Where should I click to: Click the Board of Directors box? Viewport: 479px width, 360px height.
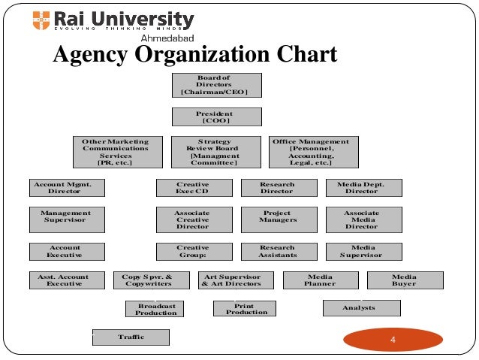click(217, 85)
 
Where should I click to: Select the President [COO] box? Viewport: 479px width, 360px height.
click(217, 116)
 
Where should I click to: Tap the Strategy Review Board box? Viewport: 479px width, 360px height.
click(215, 152)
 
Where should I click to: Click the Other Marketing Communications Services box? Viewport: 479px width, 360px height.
click(116, 152)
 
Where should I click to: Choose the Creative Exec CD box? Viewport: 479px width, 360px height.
click(193, 188)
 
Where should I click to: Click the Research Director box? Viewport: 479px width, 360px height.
click(277, 188)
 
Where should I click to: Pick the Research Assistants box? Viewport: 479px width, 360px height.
click(277, 251)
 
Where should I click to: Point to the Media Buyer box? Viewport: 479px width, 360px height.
click(404, 280)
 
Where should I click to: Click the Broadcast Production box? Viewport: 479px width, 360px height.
click(155, 309)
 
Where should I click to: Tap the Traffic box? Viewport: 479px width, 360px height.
click(131, 337)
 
